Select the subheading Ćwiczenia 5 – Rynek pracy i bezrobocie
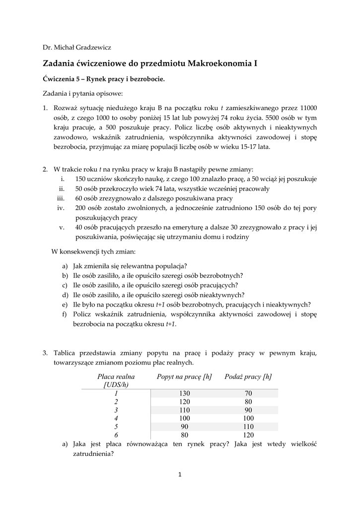(x=103, y=78)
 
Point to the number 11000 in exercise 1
(x=307, y=108)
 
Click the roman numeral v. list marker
(x=62, y=227)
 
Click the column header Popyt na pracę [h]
(x=184, y=377)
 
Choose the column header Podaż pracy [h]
(x=248, y=377)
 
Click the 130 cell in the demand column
(x=184, y=393)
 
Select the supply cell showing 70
(x=248, y=393)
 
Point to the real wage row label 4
(x=116, y=418)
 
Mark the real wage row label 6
(x=116, y=435)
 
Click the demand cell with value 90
(x=184, y=427)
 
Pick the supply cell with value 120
(x=248, y=435)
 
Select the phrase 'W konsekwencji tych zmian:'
(x=90, y=251)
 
